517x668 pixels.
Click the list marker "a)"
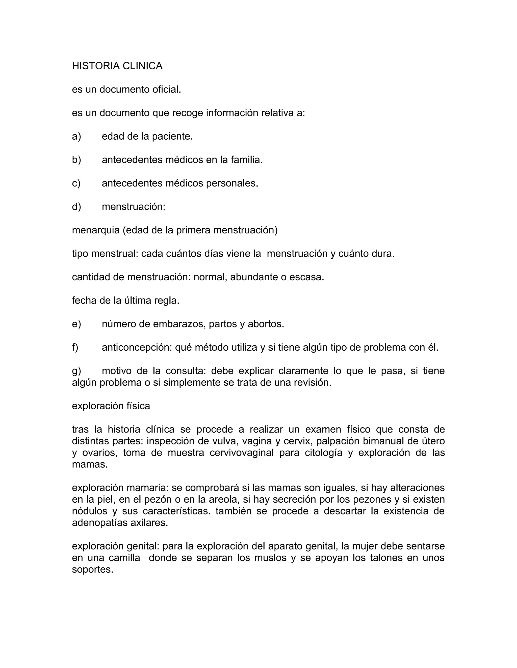(x=76, y=136)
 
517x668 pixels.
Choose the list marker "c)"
(x=76, y=183)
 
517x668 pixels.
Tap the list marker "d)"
(x=76, y=207)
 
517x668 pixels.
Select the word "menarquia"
(x=96, y=230)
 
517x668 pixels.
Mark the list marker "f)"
(x=75, y=347)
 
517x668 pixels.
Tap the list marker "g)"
(x=76, y=371)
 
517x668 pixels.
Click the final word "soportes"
(x=92, y=569)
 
